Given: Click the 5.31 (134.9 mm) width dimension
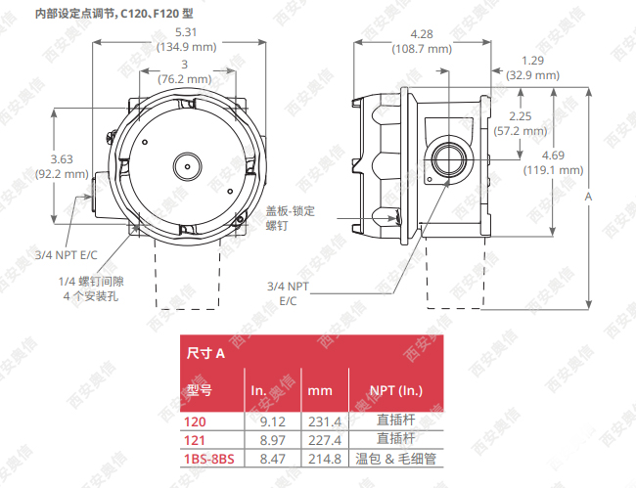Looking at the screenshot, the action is tap(186, 39).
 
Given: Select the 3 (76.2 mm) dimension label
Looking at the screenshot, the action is tap(185, 71).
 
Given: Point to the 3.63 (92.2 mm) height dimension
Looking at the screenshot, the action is tap(62, 166).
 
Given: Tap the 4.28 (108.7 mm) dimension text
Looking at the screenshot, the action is tap(422, 41).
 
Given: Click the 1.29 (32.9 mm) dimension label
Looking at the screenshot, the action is tap(532, 67).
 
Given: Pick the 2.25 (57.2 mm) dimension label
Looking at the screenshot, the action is tap(521, 123).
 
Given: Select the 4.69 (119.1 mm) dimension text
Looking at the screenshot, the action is tap(553, 162).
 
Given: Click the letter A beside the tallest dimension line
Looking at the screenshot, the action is tap(588, 197).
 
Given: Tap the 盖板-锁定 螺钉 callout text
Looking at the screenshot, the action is tap(290, 218).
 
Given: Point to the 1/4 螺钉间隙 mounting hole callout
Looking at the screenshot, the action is tap(91, 288).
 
